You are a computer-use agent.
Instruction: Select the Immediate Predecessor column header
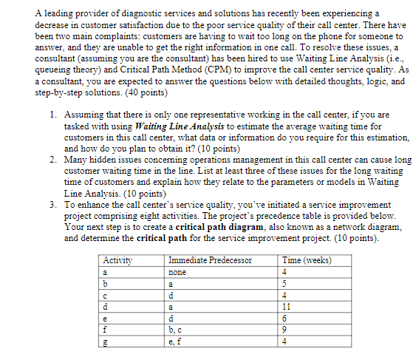coord(211,259)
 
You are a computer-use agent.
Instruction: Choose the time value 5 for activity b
coord(285,283)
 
